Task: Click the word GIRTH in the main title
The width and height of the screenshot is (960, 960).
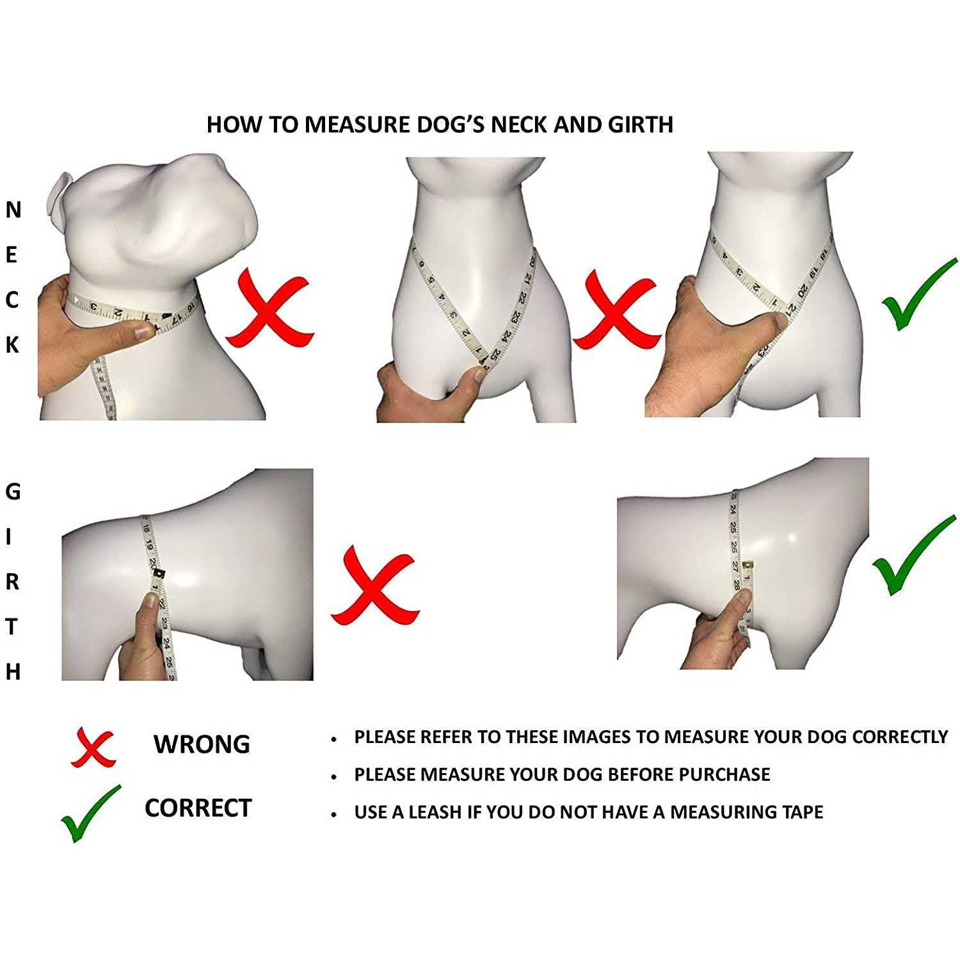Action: pos(640,124)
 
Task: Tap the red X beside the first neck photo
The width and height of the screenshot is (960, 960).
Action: pos(269,308)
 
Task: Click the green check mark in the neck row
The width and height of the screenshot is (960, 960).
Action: pos(918,294)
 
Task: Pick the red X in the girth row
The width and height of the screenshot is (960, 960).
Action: pos(374,585)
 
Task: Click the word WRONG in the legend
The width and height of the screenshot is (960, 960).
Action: pos(202,744)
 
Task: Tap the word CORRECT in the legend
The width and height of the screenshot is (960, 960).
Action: pos(198,808)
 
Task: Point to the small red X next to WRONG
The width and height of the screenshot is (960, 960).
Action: pos(93,747)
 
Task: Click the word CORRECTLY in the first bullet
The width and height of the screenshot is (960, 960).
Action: pos(900,737)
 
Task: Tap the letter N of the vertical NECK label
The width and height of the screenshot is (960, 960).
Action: pos(13,210)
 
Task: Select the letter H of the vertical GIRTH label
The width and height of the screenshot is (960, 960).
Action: pos(13,672)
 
